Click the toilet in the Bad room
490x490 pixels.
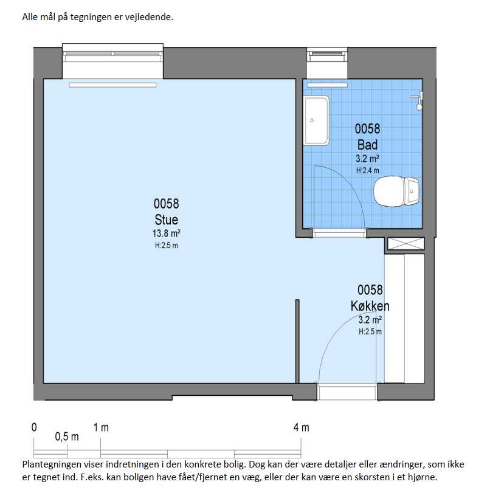click(x=396, y=192)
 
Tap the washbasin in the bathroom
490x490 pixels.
click(x=316, y=120)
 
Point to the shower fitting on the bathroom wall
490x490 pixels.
click(x=418, y=100)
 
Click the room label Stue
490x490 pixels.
click(x=166, y=219)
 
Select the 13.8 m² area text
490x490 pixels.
click(x=166, y=233)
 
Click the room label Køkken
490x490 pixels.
click(x=370, y=306)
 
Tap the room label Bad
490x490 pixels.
click(x=367, y=145)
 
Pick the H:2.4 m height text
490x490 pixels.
click(x=367, y=170)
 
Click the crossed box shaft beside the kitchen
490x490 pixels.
click(x=406, y=243)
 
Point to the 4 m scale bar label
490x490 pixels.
click(x=302, y=427)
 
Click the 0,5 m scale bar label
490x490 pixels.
click(x=67, y=437)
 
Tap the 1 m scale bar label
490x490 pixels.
click(x=101, y=427)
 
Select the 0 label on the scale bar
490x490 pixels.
click(x=34, y=427)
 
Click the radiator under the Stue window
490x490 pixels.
click(x=112, y=85)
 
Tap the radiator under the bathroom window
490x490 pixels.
click(x=327, y=85)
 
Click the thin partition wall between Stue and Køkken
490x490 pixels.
click(x=297, y=341)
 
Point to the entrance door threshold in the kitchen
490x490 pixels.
click(x=347, y=392)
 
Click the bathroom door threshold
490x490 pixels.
click(x=339, y=233)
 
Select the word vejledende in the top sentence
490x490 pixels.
click(x=149, y=17)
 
